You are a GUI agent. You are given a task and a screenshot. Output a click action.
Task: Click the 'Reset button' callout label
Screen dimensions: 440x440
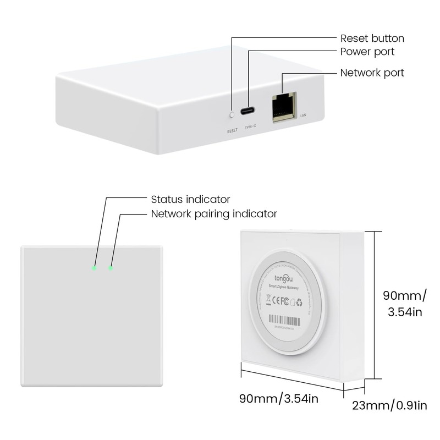[x=372, y=38]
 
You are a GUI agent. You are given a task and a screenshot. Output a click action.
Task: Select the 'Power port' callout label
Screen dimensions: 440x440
[x=367, y=52]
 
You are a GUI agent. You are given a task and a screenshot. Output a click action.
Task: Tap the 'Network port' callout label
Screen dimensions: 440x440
[x=372, y=73]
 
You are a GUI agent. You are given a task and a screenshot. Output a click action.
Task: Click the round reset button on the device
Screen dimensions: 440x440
[x=232, y=114]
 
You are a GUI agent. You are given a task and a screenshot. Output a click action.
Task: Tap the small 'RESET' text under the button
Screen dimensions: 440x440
[x=232, y=131]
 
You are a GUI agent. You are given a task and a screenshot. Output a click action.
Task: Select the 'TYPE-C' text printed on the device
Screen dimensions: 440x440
[x=250, y=127]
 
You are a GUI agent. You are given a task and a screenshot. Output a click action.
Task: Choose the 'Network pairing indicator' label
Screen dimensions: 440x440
[x=214, y=213]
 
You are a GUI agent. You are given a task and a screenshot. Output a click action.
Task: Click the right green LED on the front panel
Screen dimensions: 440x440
[x=111, y=268]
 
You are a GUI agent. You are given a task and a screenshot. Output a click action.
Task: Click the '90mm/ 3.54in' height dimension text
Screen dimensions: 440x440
[x=404, y=304]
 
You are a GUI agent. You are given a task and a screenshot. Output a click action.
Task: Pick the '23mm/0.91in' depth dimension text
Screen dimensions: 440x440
[x=390, y=406]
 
